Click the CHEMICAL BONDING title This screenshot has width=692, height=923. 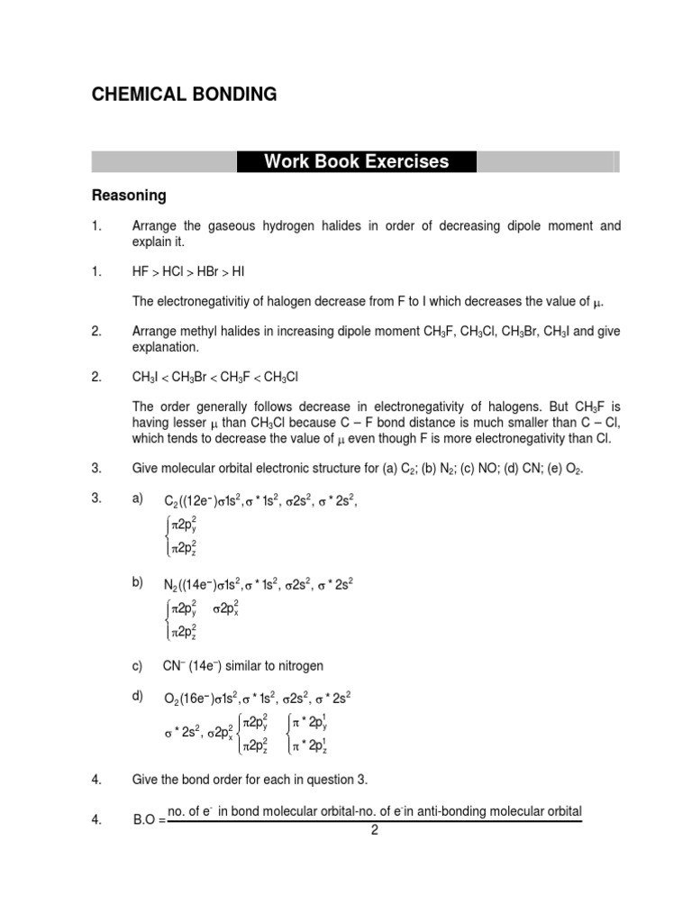pyautogui.click(x=185, y=95)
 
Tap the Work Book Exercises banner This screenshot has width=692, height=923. pyautogui.click(x=356, y=162)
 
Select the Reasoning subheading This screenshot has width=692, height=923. pyautogui.click(x=130, y=196)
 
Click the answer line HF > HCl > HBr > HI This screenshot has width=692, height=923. pyautogui.click(x=182, y=270)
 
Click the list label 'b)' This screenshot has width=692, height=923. pyautogui.click(x=138, y=582)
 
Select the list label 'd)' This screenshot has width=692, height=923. pyautogui.click(x=138, y=697)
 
